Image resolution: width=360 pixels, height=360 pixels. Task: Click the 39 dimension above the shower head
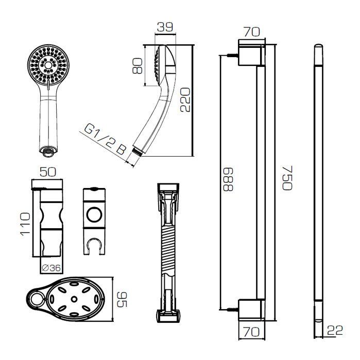165,27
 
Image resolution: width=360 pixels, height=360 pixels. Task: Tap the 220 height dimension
185,99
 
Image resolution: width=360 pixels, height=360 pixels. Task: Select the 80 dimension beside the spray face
138,66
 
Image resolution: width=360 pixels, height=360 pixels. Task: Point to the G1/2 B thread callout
105,140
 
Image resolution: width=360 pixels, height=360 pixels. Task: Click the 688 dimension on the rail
228,179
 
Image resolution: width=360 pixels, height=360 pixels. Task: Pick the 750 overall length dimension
287,178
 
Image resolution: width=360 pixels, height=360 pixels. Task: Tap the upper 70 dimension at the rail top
252,32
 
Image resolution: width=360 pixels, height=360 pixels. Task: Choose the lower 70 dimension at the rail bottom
252,332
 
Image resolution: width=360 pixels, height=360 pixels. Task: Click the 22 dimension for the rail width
335,330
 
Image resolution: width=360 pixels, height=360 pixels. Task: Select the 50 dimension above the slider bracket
48,172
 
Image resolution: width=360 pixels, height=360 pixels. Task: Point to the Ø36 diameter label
51,268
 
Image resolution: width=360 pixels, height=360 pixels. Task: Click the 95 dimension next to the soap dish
122,299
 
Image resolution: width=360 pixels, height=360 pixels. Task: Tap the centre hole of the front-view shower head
48,65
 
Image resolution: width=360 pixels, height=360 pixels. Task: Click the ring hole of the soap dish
36,299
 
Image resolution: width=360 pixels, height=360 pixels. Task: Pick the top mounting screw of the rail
232,55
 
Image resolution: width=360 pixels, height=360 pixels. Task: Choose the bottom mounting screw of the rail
232,310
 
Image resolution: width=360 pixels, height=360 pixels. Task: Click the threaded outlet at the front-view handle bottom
48,152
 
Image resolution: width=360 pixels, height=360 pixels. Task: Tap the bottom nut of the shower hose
168,316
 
